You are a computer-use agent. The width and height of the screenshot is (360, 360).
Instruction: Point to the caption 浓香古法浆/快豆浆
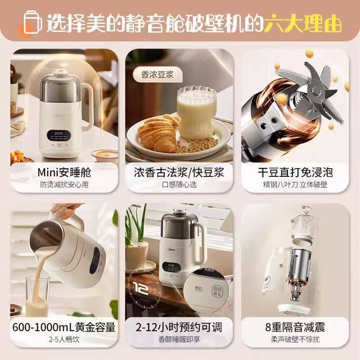click(179, 172)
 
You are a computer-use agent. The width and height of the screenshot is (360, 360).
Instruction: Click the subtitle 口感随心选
click(179, 184)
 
